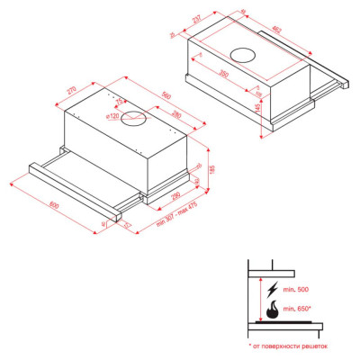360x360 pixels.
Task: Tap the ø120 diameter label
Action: click(112, 116)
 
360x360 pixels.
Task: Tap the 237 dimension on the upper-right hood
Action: click(194, 20)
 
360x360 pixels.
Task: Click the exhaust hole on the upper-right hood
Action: click(244, 51)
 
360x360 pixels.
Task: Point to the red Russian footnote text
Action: click(288, 345)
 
